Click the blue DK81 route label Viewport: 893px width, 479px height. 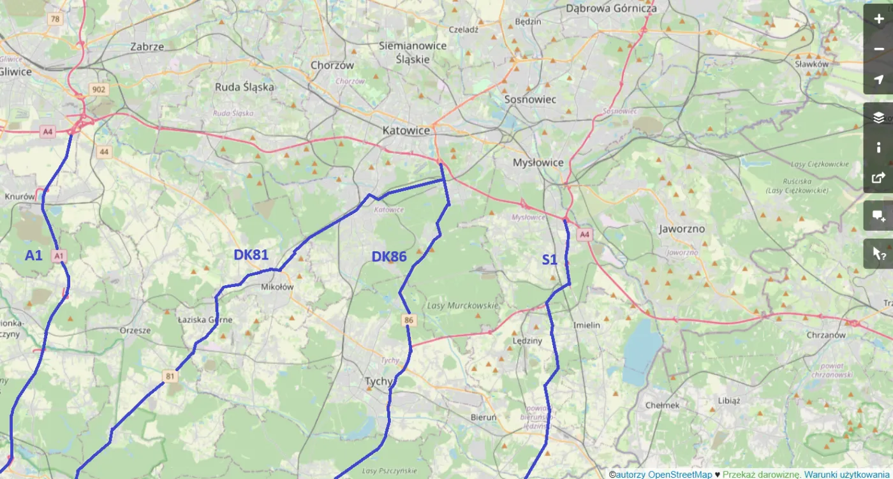(251, 255)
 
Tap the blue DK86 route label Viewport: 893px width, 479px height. (389, 257)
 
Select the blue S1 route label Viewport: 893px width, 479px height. (549, 260)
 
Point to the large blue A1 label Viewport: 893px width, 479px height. (33, 256)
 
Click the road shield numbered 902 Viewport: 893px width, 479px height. (98, 90)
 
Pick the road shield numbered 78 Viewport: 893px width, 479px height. (55, 19)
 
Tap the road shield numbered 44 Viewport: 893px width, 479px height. (104, 152)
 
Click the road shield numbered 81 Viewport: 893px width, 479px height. (170, 376)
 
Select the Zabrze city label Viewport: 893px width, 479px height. (147, 47)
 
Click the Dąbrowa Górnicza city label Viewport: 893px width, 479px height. (611, 8)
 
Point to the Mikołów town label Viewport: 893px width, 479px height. (277, 287)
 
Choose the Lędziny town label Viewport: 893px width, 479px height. (527, 341)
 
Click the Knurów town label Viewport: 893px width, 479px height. (19, 196)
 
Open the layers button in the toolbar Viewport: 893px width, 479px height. (878, 117)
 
